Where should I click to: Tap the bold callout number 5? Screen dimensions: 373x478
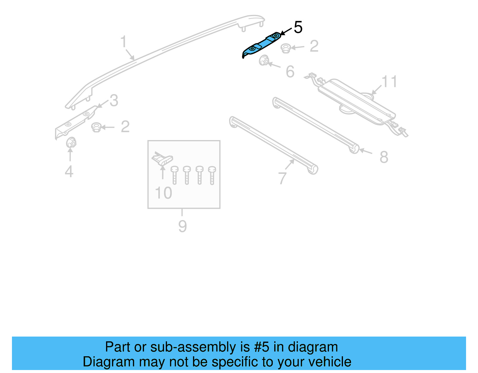(x=298, y=27)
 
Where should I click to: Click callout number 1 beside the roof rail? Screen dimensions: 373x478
(x=123, y=42)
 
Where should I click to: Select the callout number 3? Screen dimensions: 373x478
(x=114, y=101)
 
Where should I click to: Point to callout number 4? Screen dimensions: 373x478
(x=69, y=171)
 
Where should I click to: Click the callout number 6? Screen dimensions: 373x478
(x=290, y=72)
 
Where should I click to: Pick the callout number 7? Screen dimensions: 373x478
(x=282, y=178)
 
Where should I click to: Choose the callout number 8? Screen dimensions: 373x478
(x=384, y=157)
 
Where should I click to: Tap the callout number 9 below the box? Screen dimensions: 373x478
(x=183, y=226)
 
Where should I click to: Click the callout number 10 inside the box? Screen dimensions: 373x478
(x=163, y=193)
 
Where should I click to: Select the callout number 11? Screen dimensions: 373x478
(x=389, y=82)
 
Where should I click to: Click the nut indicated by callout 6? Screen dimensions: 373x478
(x=263, y=61)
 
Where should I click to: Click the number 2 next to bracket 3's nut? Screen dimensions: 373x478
(x=125, y=127)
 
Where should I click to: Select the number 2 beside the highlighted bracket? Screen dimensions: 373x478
(x=314, y=46)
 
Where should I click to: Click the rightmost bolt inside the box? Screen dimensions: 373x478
(x=212, y=175)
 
